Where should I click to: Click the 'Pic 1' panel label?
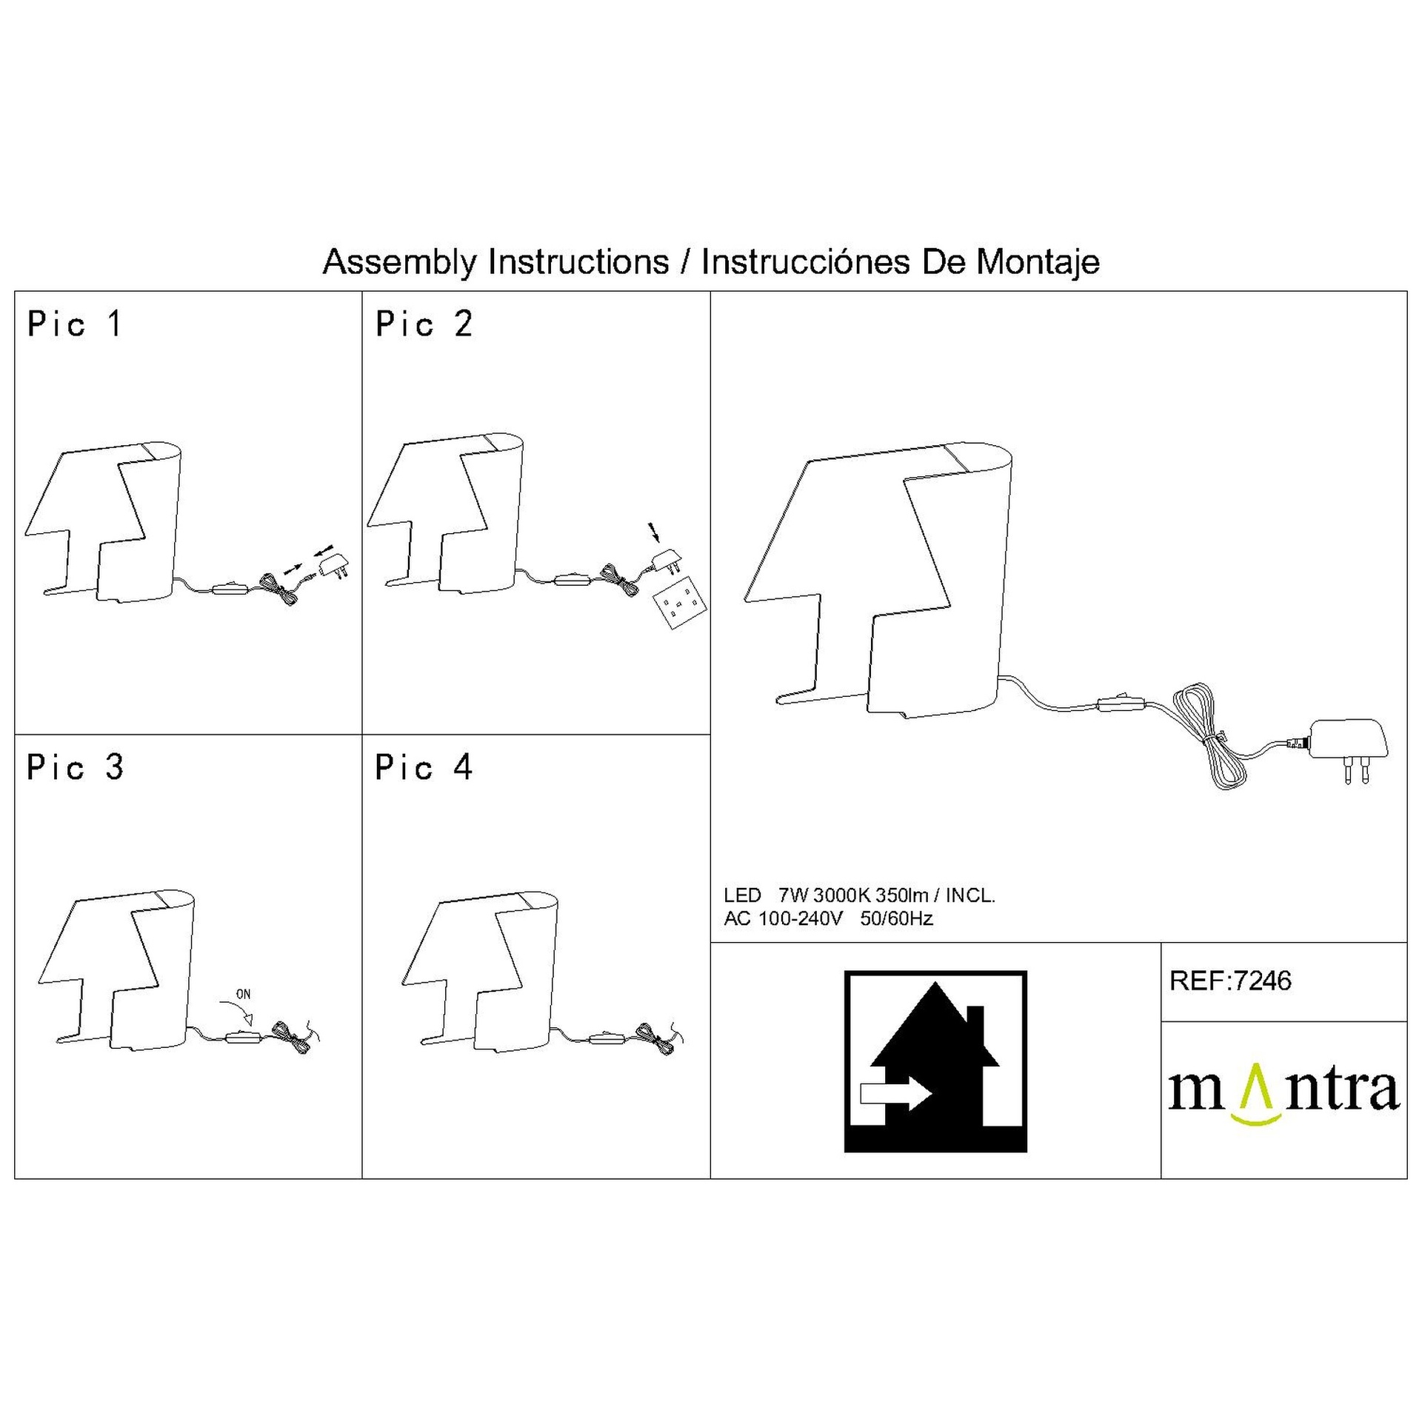(75, 324)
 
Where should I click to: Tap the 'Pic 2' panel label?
(424, 324)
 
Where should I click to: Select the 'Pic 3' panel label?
(75, 767)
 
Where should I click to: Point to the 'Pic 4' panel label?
(424, 767)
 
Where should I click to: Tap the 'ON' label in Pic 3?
(243, 995)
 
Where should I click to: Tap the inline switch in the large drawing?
(1121, 704)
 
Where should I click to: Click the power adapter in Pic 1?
(333, 567)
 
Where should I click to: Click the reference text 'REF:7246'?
(1230, 981)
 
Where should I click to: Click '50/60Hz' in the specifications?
(896, 918)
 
